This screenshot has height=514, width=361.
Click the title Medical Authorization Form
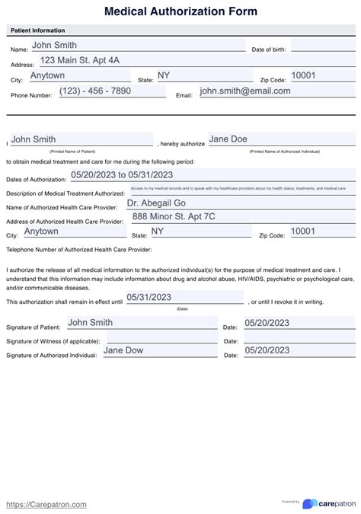pyautogui.click(x=180, y=11)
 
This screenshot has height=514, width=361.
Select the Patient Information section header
pyautogui.click(x=37, y=30)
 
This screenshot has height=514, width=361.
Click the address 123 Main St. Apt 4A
pyautogui.click(x=80, y=60)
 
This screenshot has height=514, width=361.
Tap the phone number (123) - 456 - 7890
pyautogui.click(x=91, y=91)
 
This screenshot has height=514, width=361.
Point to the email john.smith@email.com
pyautogui.click(x=245, y=91)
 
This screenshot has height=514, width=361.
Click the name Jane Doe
pyautogui.click(x=229, y=139)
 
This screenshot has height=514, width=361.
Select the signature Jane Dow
pyautogui.click(x=123, y=350)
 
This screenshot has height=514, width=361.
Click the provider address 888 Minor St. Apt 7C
pyautogui.click(x=174, y=216)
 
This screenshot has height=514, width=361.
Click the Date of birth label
pyautogui.click(x=269, y=49)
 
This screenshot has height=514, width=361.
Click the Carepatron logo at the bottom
pyautogui.click(x=327, y=503)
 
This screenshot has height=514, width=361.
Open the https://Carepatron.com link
pyautogui.click(x=46, y=504)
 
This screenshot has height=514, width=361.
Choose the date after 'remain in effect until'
pyautogui.click(x=149, y=297)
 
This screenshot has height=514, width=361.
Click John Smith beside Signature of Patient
pyautogui.click(x=90, y=323)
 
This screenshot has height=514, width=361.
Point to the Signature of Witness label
pyautogui.click(x=49, y=341)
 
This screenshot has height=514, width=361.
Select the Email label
pyautogui.click(x=184, y=95)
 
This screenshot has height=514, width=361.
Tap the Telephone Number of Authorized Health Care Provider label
pyautogui.click(x=79, y=249)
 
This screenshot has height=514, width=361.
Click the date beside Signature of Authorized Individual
pyautogui.click(x=267, y=350)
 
